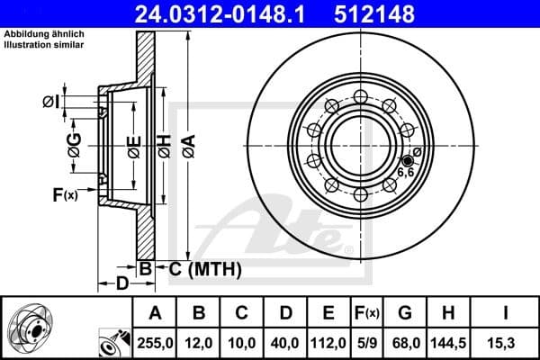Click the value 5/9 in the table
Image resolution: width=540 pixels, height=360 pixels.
367,343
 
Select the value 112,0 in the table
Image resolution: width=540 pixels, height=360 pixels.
329,343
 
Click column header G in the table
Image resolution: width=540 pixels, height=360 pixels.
405,313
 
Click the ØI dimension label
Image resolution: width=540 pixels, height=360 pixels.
51,102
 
